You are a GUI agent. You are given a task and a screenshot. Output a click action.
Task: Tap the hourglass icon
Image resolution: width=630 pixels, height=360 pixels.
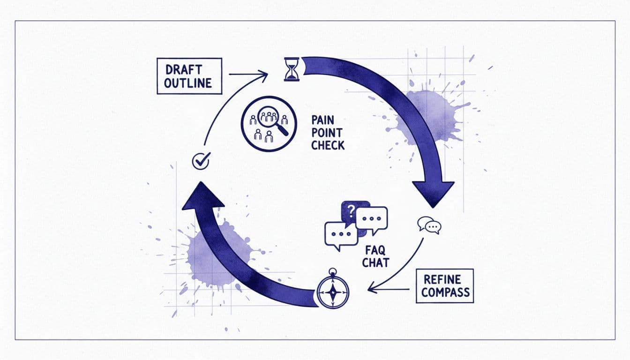coord(292,69)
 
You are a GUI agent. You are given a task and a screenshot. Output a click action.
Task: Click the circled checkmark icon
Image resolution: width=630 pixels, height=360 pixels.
coord(201,161)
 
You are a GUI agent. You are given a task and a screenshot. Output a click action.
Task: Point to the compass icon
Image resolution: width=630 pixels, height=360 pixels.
coord(332,290)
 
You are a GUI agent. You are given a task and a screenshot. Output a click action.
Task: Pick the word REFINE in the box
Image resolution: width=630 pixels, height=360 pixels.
coord(443,279)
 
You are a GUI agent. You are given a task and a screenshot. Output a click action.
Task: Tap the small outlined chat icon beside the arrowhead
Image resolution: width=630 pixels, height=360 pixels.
coord(429,225)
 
